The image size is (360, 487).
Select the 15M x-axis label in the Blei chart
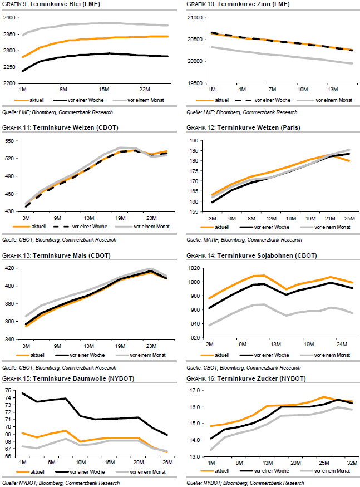[104, 89]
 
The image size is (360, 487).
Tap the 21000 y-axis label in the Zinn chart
[194, 18]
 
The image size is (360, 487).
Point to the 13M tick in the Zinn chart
[333, 89]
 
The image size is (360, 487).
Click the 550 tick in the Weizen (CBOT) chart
[9, 142]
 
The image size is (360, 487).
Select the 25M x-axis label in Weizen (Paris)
[348, 218]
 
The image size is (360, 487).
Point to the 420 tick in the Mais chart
[9, 268]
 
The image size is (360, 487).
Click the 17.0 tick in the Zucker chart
[194, 391]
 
